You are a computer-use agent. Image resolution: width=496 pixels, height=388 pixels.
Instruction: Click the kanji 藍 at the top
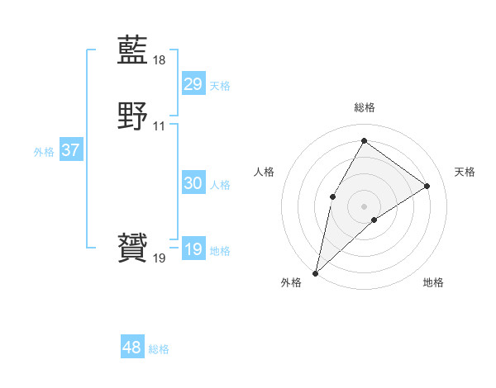pyautogui.click(x=132, y=51)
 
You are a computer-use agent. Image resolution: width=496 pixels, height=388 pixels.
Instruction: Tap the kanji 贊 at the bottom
pyautogui.click(x=132, y=249)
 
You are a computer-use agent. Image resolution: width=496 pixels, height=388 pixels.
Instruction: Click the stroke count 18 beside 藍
pyautogui.click(x=160, y=60)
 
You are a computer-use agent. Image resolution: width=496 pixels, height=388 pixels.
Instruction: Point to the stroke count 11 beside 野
pyautogui.click(x=160, y=126)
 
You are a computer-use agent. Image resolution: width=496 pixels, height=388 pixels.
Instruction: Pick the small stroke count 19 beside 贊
pyautogui.click(x=160, y=258)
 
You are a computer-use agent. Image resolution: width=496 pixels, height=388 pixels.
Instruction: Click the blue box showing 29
pyautogui.click(x=193, y=84)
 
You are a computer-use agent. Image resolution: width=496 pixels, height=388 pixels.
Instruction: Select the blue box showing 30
pyautogui.click(x=193, y=184)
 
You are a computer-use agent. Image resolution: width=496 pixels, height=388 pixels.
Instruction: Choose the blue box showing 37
pyautogui.click(x=70, y=151)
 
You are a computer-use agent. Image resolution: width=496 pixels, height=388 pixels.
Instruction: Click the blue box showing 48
pyautogui.click(x=131, y=348)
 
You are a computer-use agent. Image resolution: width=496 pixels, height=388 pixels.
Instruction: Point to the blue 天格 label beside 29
pyautogui.click(x=220, y=86)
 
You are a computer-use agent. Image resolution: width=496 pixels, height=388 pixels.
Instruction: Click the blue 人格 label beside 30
pyautogui.click(x=220, y=185)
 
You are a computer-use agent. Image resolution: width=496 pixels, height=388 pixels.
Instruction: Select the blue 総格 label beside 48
pyautogui.click(x=159, y=349)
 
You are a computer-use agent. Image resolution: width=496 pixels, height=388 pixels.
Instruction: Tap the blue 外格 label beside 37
pyautogui.click(x=44, y=152)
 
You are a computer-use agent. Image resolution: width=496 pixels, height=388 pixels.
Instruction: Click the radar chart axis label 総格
pyautogui.click(x=364, y=107)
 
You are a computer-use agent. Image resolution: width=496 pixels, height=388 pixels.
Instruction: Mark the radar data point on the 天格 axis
pyautogui.click(x=427, y=187)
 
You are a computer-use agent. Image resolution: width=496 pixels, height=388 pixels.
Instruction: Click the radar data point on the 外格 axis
pyautogui.click(x=315, y=272)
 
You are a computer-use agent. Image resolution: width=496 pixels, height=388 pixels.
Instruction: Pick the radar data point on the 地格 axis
pyautogui.click(x=374, y=220)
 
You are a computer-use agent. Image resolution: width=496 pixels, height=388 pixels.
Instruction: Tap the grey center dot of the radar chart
pyautogui.click(x=364, y=206)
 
